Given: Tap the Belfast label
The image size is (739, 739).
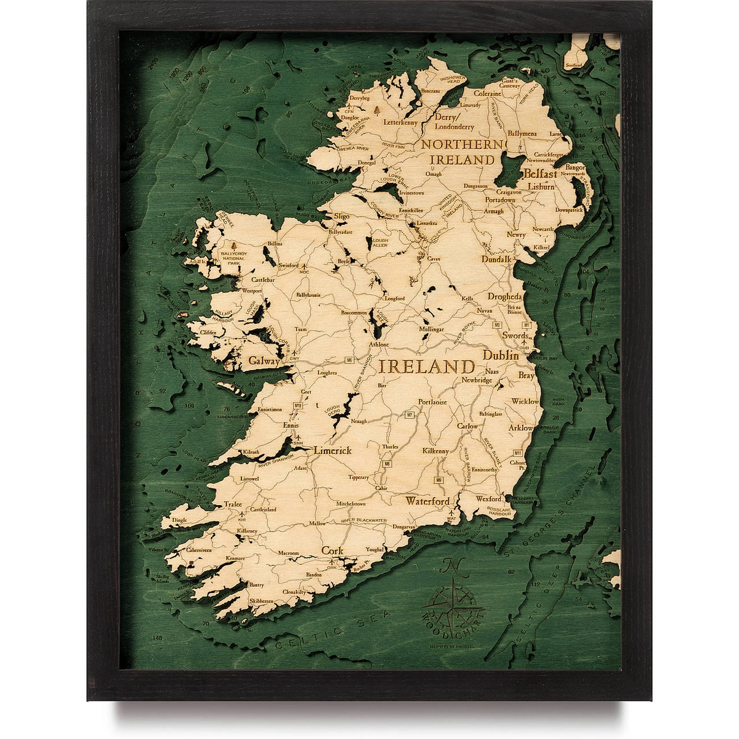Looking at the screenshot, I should [x=541, y=174].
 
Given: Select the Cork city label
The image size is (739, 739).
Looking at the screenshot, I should [x=332, y=551].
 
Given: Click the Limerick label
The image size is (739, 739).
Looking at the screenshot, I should [x=333, y=451].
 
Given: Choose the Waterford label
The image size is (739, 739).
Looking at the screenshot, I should [x=427, y=501].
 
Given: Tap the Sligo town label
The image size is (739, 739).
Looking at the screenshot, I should [x=341, y=217].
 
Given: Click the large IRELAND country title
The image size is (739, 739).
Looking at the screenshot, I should [x=427, y=366].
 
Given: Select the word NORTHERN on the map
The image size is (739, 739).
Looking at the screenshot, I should [x=462, y=144].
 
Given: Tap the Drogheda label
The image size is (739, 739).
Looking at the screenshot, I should [x=504, y=297].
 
